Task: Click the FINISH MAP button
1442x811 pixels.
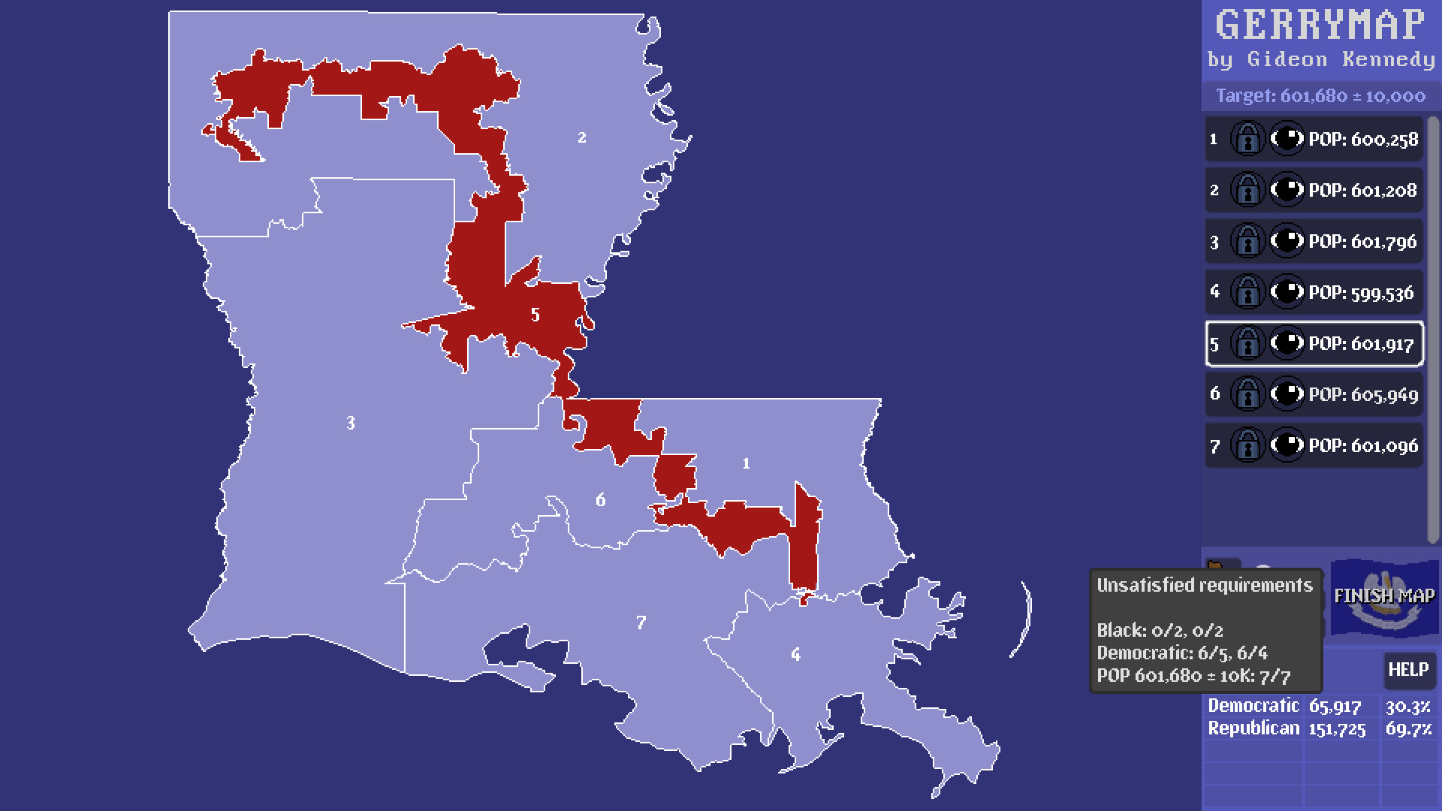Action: (x=1384, y=596)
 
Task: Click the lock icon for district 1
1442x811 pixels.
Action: (x=1247, y=140)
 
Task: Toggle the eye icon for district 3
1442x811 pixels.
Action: (x=1287, y=242)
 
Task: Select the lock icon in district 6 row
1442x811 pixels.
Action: (x=1247, y=395)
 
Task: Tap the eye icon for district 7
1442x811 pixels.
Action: (x=1287, y=446)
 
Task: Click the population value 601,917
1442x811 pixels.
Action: (x=1361, y=344)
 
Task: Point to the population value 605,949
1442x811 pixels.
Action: (x=1362, y=395)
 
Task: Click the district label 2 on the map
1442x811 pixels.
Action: (x=582, y=137)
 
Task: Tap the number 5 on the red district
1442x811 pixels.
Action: (x=535, y=315)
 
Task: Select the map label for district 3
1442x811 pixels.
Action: (x=350, y=424)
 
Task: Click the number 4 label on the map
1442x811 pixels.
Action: (x=795, y=655)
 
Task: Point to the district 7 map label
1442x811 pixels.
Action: (x=641, y=623)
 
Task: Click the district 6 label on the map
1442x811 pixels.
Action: (x=600, y=500)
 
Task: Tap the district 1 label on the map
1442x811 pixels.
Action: (x=746, y=464)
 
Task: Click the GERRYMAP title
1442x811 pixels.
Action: (x=1320, y=26)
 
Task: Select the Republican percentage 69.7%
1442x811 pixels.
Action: (x=1408, y=728)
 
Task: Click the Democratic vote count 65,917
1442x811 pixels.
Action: (x=1335, y=706)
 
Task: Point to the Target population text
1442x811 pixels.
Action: (x=1320, y=96)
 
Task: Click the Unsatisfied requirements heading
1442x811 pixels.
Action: (x=1204, y=586)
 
